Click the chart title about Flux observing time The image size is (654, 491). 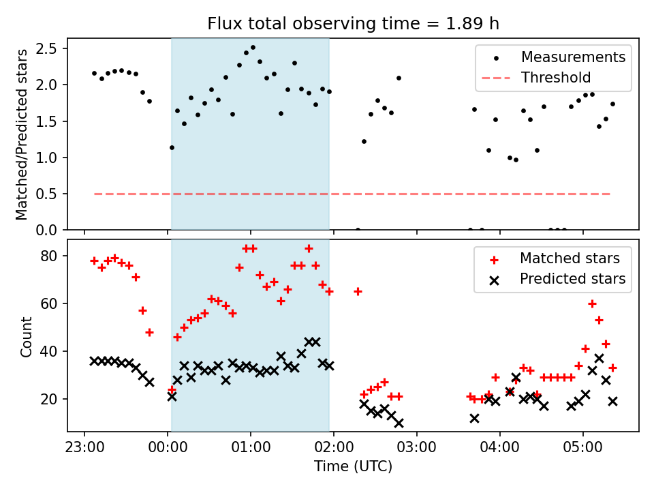[x=353, y=24]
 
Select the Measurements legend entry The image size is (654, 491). [x=573, y=57]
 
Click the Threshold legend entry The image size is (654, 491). [x=556, y=78]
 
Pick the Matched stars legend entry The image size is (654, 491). [x=570, y=258]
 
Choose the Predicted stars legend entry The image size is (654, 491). [x=572, y=279]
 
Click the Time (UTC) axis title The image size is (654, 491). [x=353, y=467]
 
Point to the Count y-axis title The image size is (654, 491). [x=26, y=336]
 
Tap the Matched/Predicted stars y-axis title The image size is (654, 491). [x=22, y=134]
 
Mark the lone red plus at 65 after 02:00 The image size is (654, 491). [x=358, y=291]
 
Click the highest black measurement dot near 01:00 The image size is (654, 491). [x=253, y=48]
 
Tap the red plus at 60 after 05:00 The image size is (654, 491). [x=592, y=303]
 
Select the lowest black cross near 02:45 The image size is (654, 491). [x=399, y=423]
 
